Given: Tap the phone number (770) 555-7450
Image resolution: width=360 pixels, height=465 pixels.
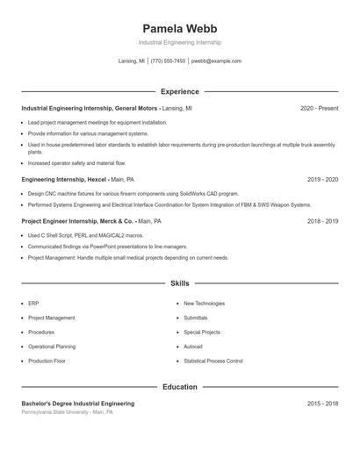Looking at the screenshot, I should click(x=168, y=61).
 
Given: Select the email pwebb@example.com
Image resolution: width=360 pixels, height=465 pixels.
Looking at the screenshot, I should click(x=216, y=61).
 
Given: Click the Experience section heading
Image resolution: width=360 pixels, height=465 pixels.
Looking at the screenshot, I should click(x=180, y=91).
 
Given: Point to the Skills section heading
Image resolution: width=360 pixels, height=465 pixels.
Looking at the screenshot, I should click(x=180, y=283).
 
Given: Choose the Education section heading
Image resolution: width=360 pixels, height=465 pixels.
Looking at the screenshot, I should click(x=180, y=387).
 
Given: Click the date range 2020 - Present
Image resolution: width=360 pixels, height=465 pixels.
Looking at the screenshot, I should click(x=319, y=108).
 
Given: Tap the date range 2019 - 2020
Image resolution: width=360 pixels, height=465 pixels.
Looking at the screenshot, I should click(x=322, y=179).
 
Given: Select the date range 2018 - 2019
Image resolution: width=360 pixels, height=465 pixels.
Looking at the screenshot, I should click(x=322, y=221).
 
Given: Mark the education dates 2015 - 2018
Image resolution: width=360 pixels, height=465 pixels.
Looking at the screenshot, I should click(x=322, y=404).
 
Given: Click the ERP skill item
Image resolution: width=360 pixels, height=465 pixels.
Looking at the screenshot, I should click(x=33, y=304).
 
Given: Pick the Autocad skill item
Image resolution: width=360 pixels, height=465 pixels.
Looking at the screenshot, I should click(x=193, y=347).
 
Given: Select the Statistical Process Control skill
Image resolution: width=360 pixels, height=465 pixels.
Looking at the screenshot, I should click(x=213, y=361).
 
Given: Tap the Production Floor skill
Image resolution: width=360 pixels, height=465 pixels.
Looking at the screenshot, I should click(x=47, y=361).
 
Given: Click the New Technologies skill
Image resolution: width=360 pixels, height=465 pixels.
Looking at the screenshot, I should click(x=205, y=304).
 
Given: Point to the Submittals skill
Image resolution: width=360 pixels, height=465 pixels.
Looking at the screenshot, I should click(x=196, y=318).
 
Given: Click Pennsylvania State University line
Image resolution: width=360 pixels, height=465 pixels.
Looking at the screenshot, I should click(x=67, y=411).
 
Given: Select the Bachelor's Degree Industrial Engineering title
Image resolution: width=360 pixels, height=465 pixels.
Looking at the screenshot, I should click(x=78, y=404).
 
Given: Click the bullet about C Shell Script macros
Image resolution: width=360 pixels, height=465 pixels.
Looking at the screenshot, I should click(x=73, y=235).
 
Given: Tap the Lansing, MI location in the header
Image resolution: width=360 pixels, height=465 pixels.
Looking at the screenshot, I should click(x=132, y=61).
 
